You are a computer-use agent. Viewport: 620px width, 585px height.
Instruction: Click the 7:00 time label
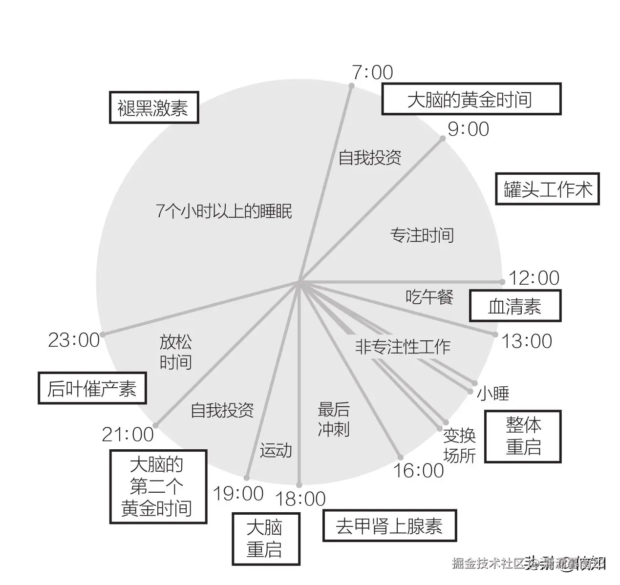372,72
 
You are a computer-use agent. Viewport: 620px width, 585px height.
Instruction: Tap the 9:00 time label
468,129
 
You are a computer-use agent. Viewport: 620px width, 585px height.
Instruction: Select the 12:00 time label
534,278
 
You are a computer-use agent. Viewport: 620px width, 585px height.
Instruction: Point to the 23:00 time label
74,340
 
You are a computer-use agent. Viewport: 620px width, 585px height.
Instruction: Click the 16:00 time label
419,471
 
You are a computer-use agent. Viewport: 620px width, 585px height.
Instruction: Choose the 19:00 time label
238,494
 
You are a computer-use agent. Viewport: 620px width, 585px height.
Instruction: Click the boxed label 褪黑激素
153,107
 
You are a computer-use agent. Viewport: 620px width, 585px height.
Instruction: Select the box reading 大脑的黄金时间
470,100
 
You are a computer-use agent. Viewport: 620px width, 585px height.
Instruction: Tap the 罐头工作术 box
547,189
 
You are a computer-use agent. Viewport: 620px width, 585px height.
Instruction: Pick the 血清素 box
514,307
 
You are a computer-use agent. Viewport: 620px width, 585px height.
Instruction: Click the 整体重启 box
523,437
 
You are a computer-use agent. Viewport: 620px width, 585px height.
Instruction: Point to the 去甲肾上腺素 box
389,526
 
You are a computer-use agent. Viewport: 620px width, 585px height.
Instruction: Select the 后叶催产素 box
92,389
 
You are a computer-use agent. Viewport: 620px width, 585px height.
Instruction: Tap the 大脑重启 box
265,539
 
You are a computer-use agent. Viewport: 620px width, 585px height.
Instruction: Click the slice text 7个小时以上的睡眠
224,211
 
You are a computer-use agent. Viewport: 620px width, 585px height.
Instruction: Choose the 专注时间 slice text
422,235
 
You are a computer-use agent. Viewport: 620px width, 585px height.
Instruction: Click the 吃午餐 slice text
429,296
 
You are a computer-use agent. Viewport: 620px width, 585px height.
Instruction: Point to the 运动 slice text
276,450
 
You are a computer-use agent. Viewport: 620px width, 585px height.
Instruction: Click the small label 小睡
493,394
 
